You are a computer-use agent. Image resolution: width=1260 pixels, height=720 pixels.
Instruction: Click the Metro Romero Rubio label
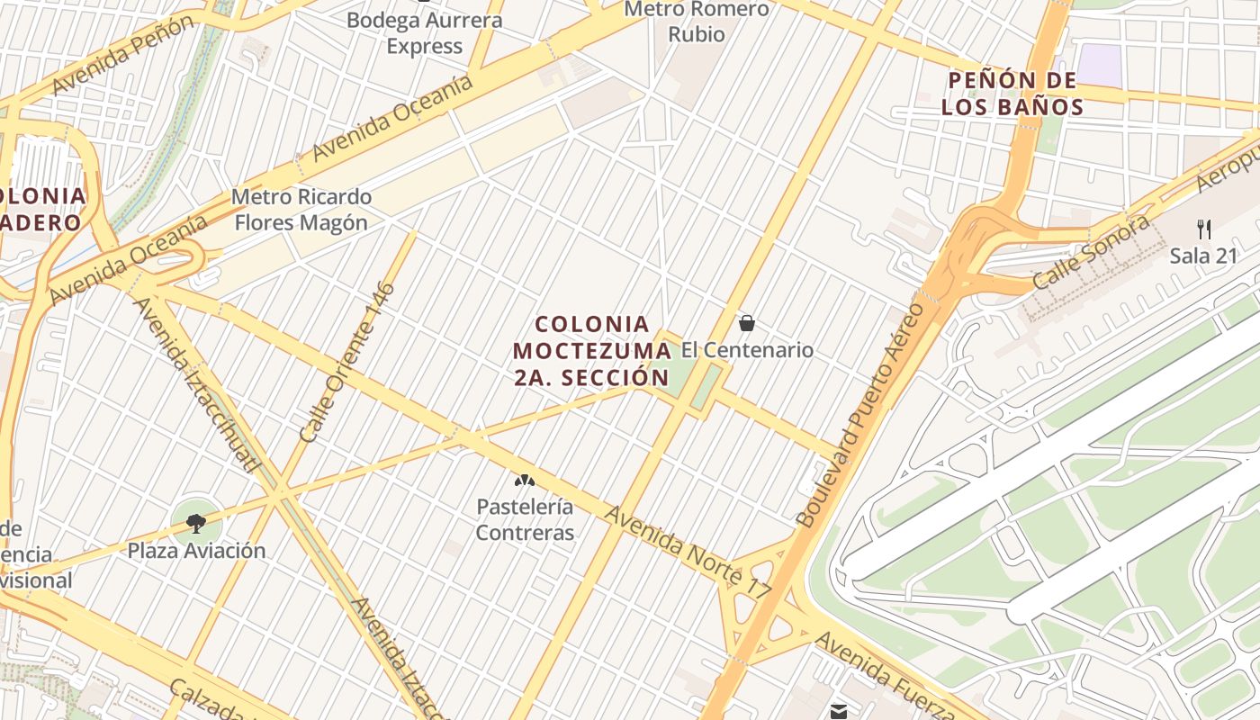[x=697, y=22]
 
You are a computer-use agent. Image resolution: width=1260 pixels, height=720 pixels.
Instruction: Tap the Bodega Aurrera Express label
[x=424, y=33]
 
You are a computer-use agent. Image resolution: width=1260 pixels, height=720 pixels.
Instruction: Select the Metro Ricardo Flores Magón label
[x=301, y=209]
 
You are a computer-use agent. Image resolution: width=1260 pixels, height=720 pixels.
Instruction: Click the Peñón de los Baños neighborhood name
[x=1012, y=94]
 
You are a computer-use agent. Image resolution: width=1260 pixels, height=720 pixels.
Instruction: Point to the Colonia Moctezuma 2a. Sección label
[x=591, y=350]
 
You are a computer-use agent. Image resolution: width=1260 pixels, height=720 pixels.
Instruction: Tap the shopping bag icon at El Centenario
[x=746, y=322]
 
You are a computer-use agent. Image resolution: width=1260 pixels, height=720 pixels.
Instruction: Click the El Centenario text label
[x=747, y=350]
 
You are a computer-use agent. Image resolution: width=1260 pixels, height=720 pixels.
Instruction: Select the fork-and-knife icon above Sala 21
[x=1204, y=229]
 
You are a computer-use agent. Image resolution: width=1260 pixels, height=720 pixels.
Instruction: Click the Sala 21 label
[x=1204, y=256]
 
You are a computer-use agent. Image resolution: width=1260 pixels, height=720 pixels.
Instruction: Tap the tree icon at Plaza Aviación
[x=196, y=522]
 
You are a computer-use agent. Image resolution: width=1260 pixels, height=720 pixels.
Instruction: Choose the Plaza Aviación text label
[x=196, y=550]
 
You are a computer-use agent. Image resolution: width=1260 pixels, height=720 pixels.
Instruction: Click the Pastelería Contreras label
[x=525, y=519]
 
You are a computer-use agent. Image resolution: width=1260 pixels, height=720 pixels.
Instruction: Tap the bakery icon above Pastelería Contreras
[x=523, y=481]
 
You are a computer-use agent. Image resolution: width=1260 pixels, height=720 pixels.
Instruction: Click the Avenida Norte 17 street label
[x=688, y=552]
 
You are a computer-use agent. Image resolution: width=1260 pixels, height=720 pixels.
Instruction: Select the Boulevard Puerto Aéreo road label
[x=861, y=414]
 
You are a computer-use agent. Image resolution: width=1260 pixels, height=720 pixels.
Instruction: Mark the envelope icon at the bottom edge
[x=839, y=712]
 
